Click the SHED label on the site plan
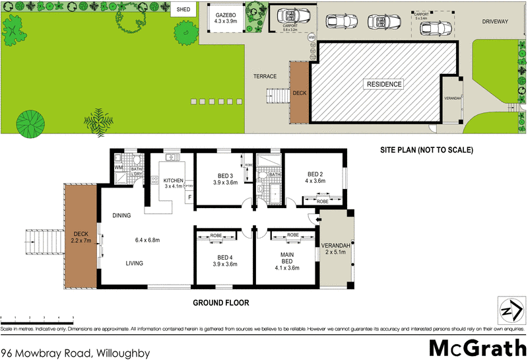click(183, 10)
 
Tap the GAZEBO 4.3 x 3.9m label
click(226, 17)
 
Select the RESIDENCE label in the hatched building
click(385, 84)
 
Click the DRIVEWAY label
click(495, 21)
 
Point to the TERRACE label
click(265, 76)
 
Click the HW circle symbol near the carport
click(312, 38)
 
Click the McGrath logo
click(474, 346)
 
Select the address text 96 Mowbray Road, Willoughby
click(76, 353)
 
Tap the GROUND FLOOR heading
click(220, 303)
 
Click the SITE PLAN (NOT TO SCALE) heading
click(427, 150)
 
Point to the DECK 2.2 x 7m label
click(81, 236)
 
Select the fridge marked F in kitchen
click(190, 197)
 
